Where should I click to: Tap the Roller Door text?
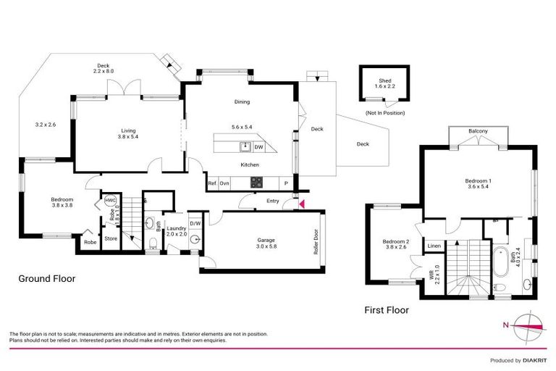click(x=316, y=242)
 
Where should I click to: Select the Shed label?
click(x=385, y=80)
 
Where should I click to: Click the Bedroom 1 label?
click(x=479, y=180)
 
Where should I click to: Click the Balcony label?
click(x=478, y=130)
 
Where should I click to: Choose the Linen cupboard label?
click(x=434, y=246)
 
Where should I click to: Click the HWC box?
click(x=111, y=200)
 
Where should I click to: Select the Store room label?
click(x=111, y=238)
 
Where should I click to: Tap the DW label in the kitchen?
click(x=259, y=147)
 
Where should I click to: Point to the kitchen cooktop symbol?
click(x=254, y=183)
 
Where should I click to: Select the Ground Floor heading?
click(x=47, y=278)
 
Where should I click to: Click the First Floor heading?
click(x=386, y=310)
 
